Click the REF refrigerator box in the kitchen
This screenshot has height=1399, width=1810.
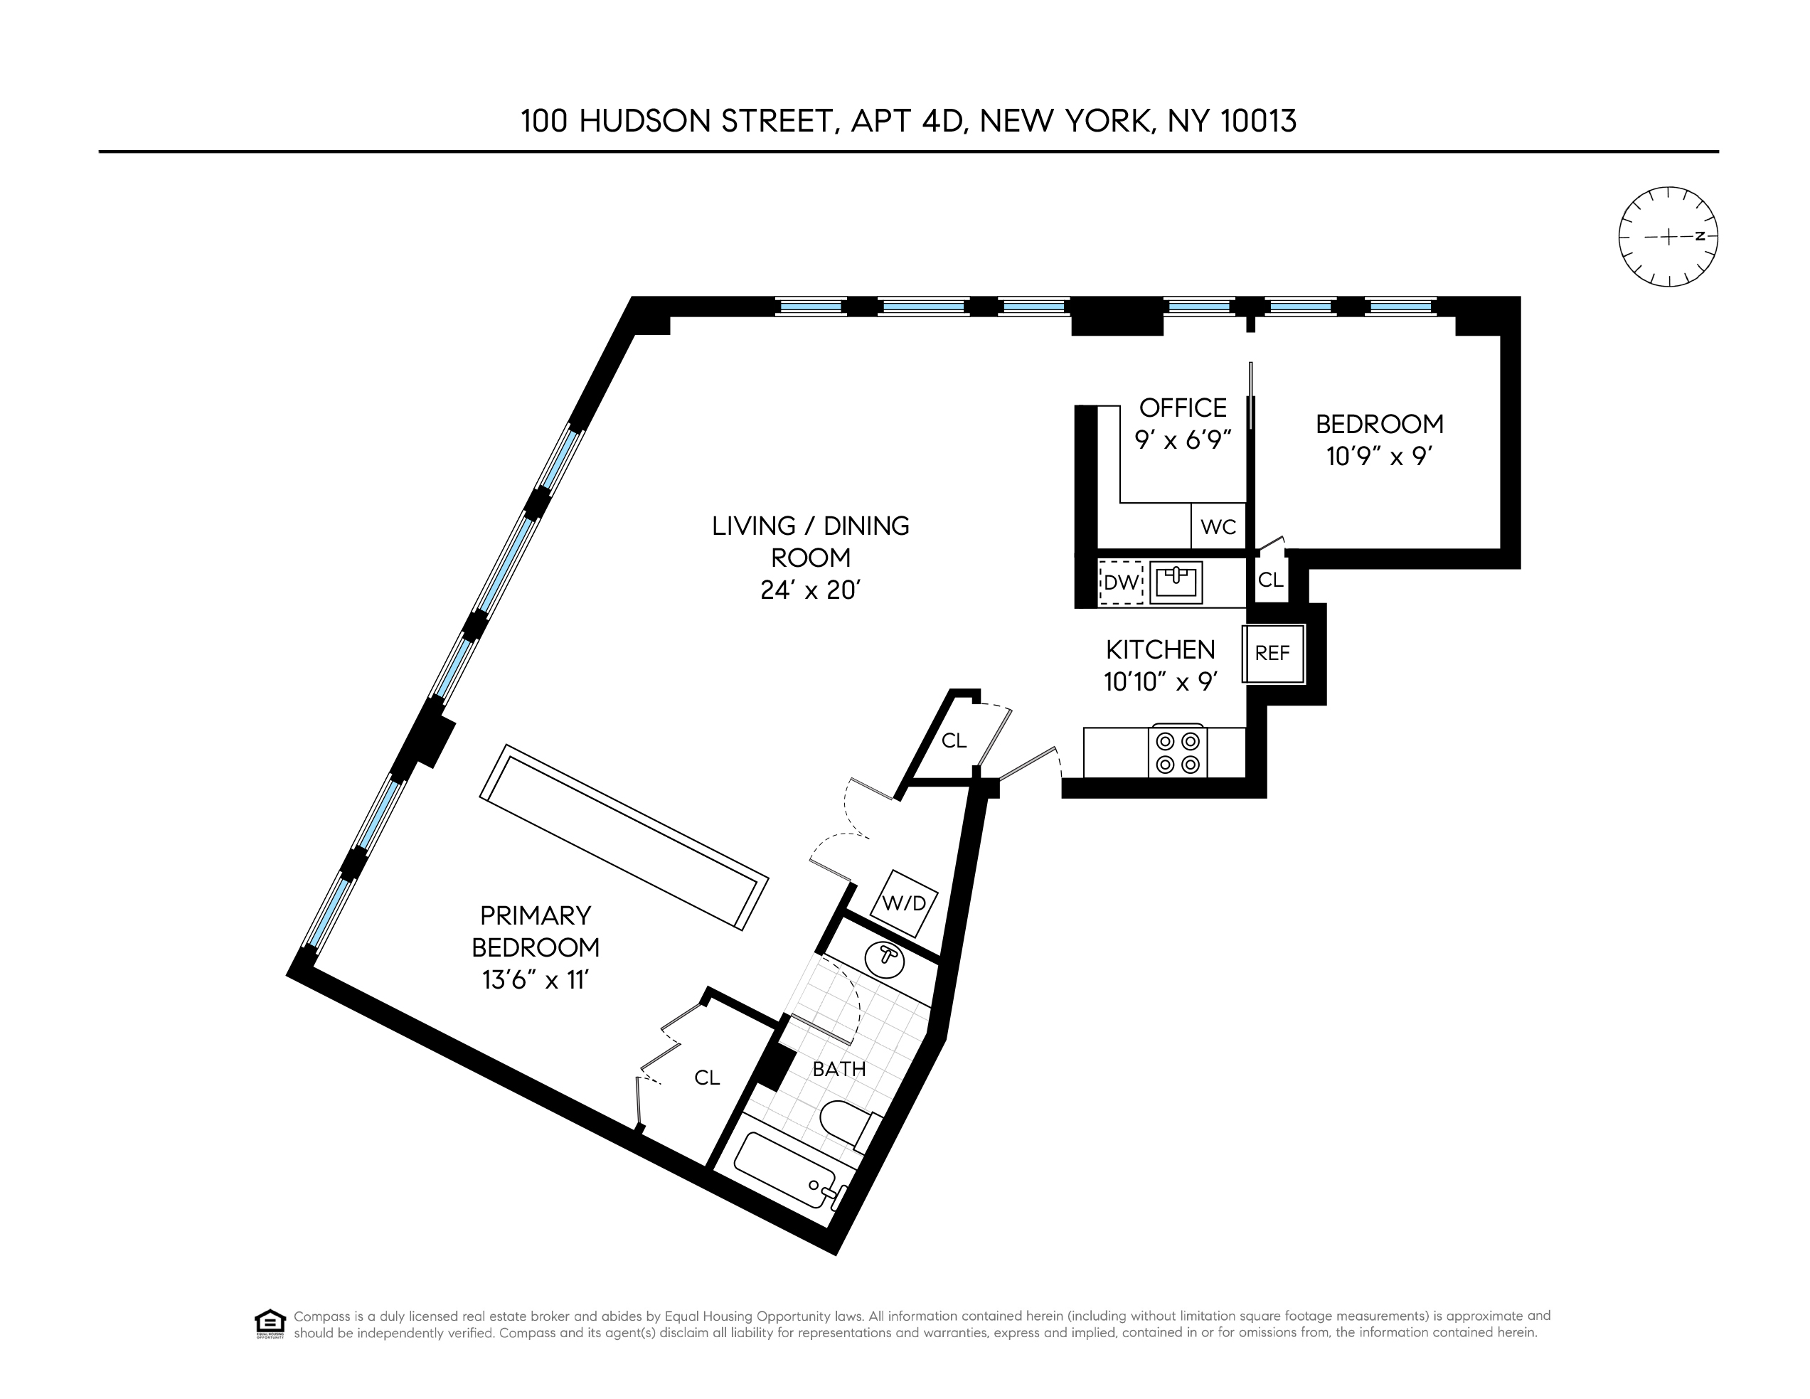tap(1273, 653)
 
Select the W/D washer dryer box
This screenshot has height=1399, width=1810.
tap(903, 903)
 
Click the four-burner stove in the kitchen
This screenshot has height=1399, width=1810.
tap(1178, 752)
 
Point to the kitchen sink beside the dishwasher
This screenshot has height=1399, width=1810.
tap(1176, 582)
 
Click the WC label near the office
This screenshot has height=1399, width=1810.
tap(1218, 527)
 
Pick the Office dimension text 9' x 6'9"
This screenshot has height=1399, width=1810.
tap(1183, 440)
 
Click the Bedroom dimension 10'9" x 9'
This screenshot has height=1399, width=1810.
tap(1379, 457)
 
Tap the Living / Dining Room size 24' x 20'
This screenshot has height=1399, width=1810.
tap(811, 590)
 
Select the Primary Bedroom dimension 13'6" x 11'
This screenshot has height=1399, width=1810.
tap(535, 981)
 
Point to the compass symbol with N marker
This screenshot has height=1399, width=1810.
tap(1668, 237)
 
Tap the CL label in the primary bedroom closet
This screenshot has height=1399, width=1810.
tap(707, 1078)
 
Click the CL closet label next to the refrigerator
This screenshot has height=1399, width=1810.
tap(1270, 580)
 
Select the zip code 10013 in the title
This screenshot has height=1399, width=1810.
tap(1258, 121)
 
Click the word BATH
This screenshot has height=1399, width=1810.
tap(839, 1069)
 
